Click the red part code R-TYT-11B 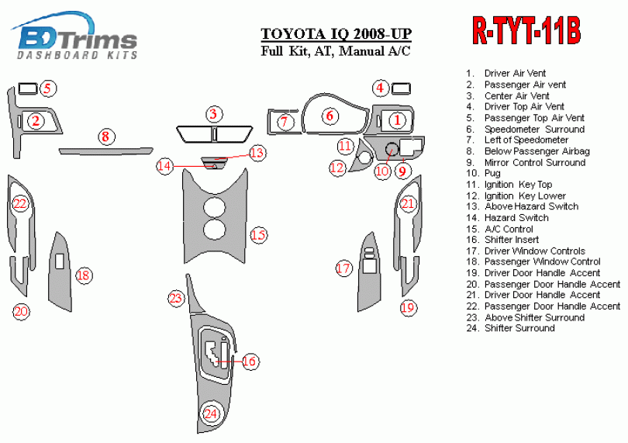click(526, 31)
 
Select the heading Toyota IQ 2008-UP click(336, 34)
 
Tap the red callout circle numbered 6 click(330, 116)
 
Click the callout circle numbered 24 click(210, 414)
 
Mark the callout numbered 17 click(343, 268)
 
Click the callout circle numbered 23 click(177, 298)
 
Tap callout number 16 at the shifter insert click(249, 361)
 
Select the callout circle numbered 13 click(257, 152)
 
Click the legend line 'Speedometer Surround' click(533, 129)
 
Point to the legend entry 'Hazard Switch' click(516, 218)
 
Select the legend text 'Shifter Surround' click(519, 328)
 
